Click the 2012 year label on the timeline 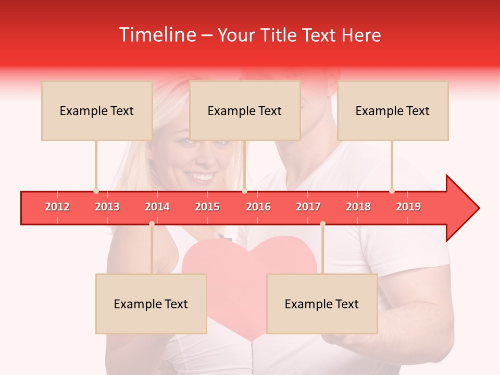pyautogui.click(x=57, y=207)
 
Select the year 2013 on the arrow pyautogui.click(x=107, y=207)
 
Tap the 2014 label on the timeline pyautogui.click(x=157, y=207)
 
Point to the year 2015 pyautogui.click(x=207, y=207)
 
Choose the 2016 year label pyautogui.click(x=258, y=207)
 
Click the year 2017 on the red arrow pyautogui.click(x=308, y=207)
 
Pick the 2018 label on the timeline pyautogui.click(x=358, y=207)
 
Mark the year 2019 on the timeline pyautogui.click(x=408, y=207)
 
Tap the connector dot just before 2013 pyautogui.click(x=96, y=191)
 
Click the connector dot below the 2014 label pyautogui.click(x=152, y=223)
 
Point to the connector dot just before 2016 pyautogui.click(x=244, y=191)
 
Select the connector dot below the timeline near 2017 pyautogui.click(x=322, y=223)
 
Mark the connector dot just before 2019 pyautogui.click(x=392, y=191)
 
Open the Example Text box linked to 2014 pyautogui.click(x=151, y=304)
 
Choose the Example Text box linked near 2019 pyautogui.click(x=393, y=110)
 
